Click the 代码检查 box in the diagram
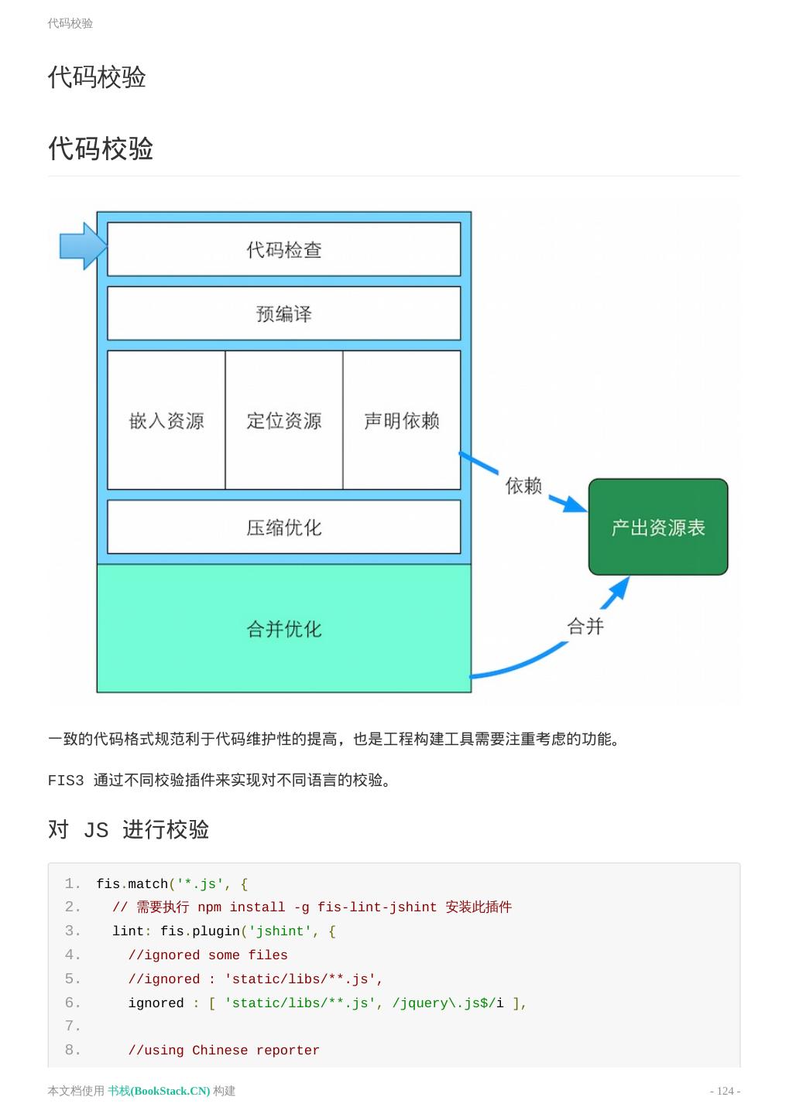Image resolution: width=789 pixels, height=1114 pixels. pos(283,249)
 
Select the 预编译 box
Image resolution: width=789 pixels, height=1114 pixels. pos(283,313)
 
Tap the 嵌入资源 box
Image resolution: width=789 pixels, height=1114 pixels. pos(166,420)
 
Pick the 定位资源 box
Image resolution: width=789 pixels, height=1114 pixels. pos(283,420)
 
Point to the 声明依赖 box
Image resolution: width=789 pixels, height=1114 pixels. pos(401,420)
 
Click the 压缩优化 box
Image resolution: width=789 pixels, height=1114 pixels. pos(283,527)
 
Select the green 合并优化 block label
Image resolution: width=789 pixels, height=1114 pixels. pos(283,629)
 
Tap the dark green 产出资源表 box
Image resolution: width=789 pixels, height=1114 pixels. pos(658,527)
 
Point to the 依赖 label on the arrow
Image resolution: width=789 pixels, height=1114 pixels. pos(523,485)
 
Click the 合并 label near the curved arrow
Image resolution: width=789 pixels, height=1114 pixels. pos(585,626)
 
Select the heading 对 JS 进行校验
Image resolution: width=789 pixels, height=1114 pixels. pos(129,829)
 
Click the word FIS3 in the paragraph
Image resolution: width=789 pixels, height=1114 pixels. pos(66,781)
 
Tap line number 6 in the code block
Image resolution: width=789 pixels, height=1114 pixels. pos(73,1003)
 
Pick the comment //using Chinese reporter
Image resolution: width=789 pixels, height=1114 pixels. pos(224,1051)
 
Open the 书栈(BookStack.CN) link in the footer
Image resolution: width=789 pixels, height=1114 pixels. pos(159,1091)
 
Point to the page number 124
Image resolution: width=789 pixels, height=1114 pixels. pos(726,1091)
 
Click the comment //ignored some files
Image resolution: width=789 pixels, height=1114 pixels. pos(208,955)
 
